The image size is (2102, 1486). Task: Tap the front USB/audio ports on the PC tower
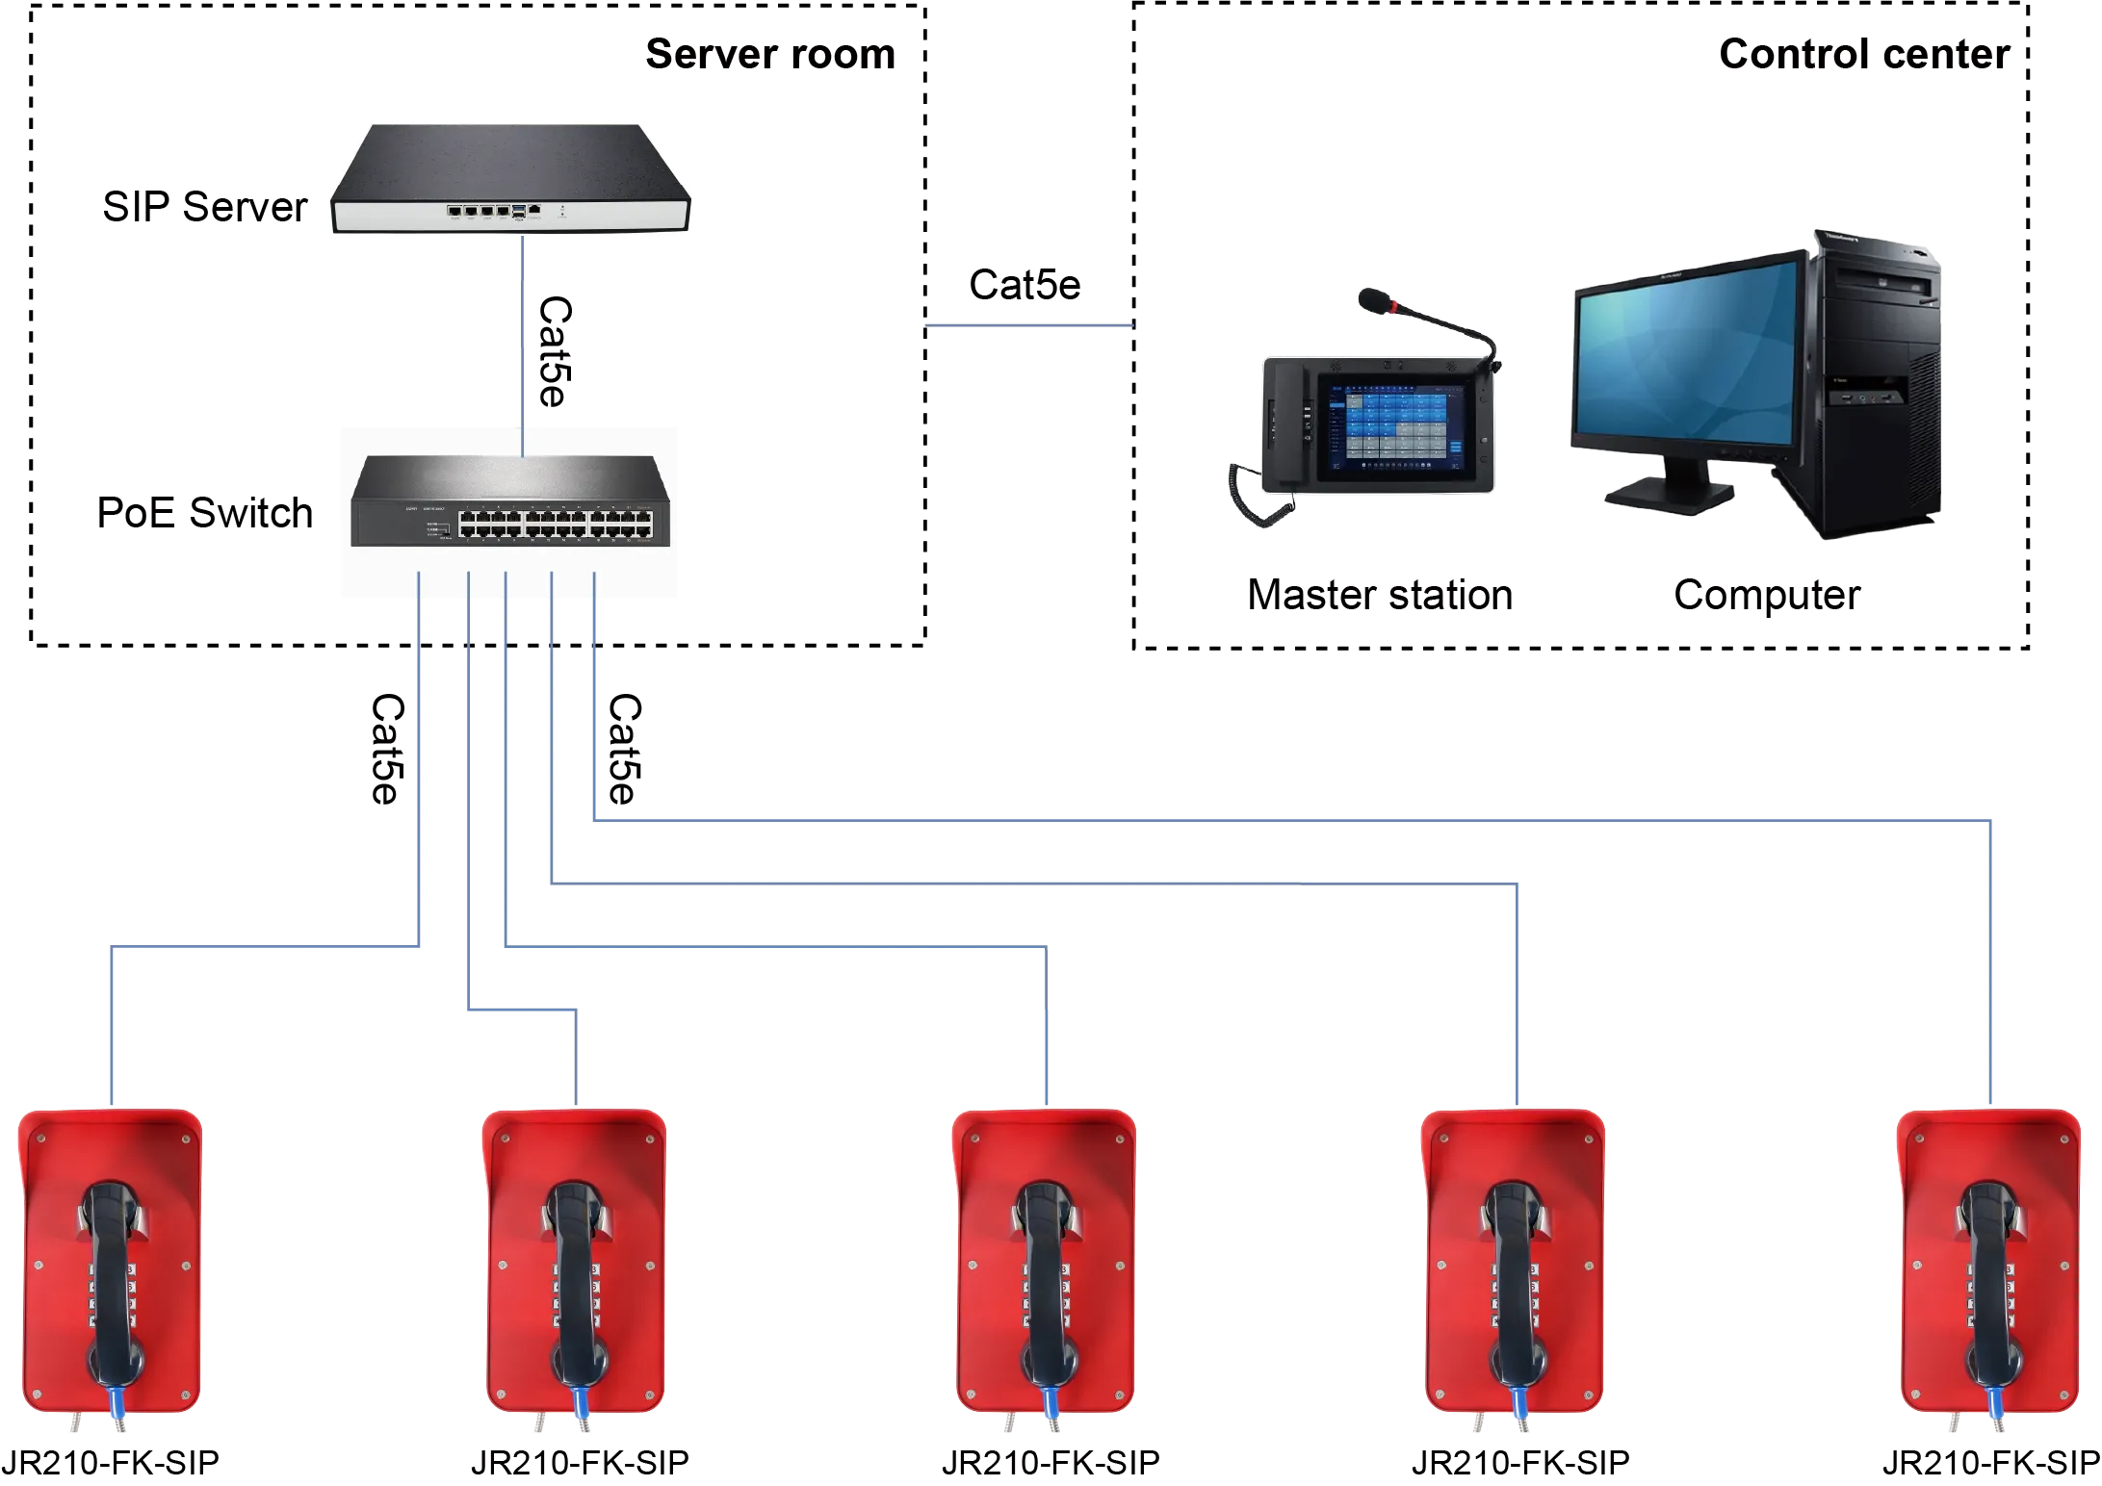pos(1868,395)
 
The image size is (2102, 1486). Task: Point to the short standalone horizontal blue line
pos(1028,327)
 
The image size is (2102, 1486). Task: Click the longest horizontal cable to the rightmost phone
pos(1290,820)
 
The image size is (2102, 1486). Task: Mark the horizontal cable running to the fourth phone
pos(1035,880)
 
